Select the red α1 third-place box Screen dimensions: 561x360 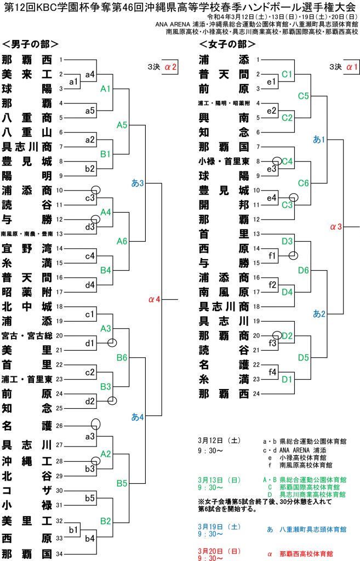(x=352, y=67)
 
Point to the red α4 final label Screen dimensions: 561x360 (x=155, y=299)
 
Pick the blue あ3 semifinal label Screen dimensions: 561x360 (x=138, y=182)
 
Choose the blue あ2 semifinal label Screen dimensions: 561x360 (x=319, y=313)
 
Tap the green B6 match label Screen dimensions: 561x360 (x=122, y=358)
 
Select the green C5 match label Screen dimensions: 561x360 (x=304, y=96)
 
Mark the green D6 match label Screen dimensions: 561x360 (x=304, y=270)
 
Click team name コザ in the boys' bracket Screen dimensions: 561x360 (x=27, y=490)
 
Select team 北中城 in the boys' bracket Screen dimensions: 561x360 (x=27, y=306)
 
